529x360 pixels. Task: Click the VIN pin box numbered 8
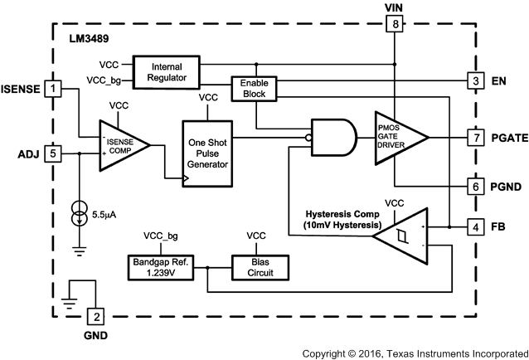[x=396, y=25]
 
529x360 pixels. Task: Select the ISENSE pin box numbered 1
[x=54, y=87]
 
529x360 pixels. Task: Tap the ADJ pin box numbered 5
[x=54, y=153]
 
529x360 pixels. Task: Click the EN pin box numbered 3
[x=474, y=80]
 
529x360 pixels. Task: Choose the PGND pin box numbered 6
[x=474, y=187]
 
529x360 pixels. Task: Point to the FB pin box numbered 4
[x=474, y=226]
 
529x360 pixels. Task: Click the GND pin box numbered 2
[x=96, y=315]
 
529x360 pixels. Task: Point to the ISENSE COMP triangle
[x=123, y=146]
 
